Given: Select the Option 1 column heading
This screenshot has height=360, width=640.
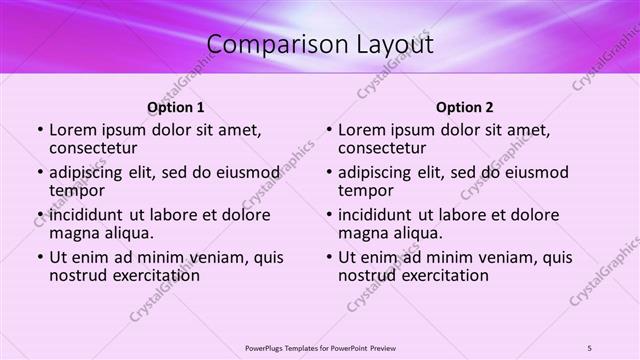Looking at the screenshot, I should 176,107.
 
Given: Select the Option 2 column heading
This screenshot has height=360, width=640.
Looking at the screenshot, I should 465,107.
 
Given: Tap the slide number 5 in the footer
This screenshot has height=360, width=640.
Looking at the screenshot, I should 590,348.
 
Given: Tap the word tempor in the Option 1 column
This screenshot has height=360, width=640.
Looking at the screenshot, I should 77,190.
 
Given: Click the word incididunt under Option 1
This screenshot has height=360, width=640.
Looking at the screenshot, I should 87,215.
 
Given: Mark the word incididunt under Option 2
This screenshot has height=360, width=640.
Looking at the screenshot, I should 376,215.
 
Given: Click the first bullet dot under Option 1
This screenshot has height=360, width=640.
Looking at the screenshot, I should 40,130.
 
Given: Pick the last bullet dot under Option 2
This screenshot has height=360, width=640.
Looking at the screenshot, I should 329,257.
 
